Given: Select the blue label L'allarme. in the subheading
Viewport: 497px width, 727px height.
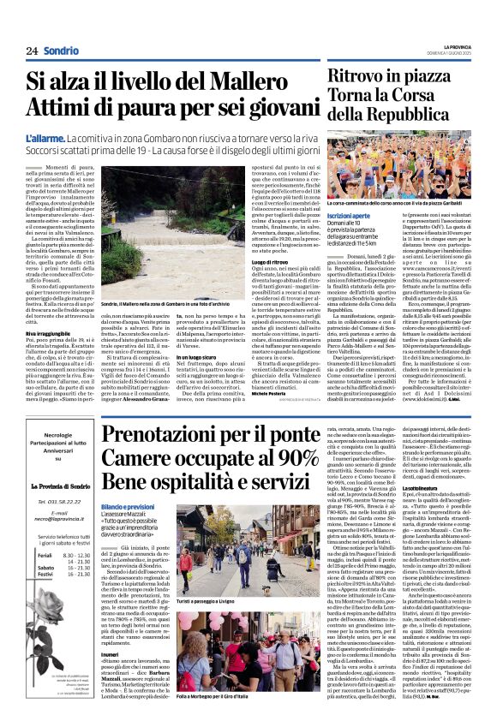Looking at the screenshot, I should (x=45, y=137).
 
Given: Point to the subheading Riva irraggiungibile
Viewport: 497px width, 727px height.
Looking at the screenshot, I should (x=49, y=332).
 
